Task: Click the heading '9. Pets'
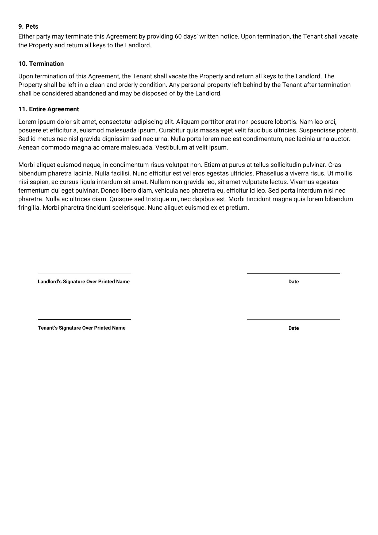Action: pos(28,27)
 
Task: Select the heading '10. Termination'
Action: pos(41,64)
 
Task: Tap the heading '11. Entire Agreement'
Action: pos(48,109)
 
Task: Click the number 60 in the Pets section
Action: pos(178,37)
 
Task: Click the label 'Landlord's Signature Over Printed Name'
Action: pos(83,282)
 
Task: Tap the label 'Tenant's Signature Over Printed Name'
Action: pos(82,328)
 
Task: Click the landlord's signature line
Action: pos(84,273)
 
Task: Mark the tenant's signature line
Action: pos(84,319)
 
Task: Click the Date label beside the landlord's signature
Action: pos(293,282)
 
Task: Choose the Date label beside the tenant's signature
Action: pos(293,328)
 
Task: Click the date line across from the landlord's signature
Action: pos(293,273)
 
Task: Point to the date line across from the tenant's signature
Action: pos(293,319)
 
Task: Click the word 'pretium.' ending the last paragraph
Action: pos(237,208)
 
